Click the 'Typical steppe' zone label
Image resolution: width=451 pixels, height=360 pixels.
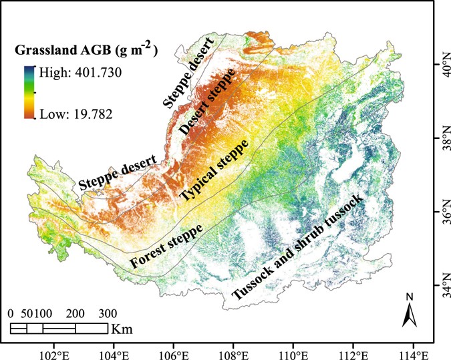tap(213, 170)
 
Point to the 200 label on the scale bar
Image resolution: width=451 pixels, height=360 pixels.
tap(75, 313)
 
